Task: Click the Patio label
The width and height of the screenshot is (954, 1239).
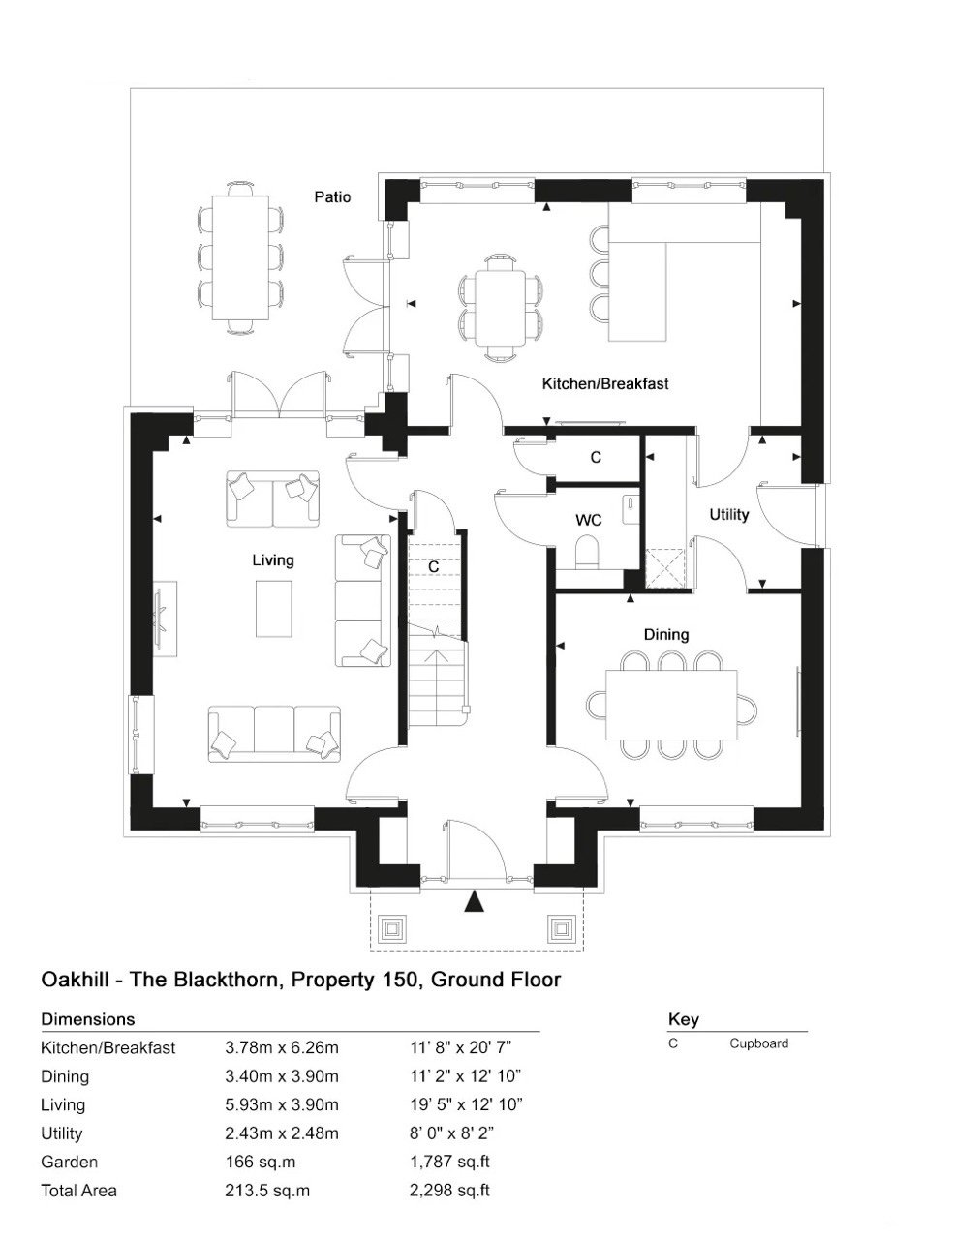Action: click(332, 197)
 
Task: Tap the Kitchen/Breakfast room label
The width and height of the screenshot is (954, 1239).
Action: click(604, 383)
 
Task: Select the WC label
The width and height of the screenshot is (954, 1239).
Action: click(589, 520)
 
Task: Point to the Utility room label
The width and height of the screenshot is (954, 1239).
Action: click(728, 515)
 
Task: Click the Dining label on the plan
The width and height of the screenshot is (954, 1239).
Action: click(666, 635)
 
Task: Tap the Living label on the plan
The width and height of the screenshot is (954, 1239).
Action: click(273, 559)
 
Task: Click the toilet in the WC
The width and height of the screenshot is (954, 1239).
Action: click(587, 552)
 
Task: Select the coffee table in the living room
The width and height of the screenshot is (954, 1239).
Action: click(274, 609)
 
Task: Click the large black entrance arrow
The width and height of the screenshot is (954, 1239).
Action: click(474, 901)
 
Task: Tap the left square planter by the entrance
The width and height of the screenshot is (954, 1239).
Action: click(391, 930)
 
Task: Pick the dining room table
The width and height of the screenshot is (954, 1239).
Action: click(671, 705)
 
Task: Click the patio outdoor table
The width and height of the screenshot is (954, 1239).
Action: click(240, 258)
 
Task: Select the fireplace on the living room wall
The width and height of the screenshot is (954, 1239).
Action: click(164, 619)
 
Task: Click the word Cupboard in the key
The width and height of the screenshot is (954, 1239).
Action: click(758, 1043)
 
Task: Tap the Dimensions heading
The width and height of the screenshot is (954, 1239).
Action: click(88, 1019)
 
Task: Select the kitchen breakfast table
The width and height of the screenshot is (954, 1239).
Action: click(501, 308)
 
